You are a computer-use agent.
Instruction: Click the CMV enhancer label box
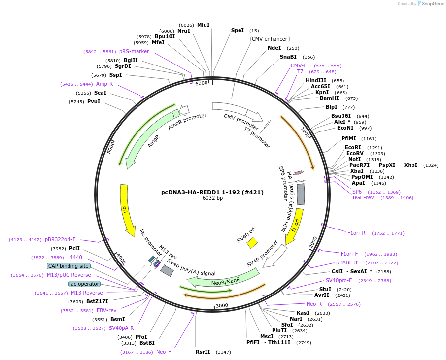[x=270, y=39]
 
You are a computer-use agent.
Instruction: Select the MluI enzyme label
[x=203, y=25]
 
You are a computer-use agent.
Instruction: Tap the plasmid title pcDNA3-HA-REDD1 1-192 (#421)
[x=212, y=192]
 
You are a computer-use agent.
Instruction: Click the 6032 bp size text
[x=212, y=198]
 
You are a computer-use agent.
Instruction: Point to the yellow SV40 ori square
[x=252, y=242]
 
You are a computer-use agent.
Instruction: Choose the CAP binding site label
[x=69, y=266]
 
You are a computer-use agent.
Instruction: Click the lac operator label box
[x=84, y=284]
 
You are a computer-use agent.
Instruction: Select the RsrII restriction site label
[x=203, y=352]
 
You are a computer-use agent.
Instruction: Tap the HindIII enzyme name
[x=316, y=80]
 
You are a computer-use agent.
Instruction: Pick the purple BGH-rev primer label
[x=363, y=197]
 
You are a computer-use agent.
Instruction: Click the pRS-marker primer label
[x=134, y=51]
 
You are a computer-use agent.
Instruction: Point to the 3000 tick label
[x=222, y=305]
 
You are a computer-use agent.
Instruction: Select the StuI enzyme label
[x=325, y=289]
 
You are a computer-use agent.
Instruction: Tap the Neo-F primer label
[x=164, y=352]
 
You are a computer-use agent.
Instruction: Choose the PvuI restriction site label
[x=94, y=102]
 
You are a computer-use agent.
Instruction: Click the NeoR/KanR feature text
[x=226, y=280]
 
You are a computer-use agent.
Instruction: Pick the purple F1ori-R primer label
[x=356, y=233]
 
